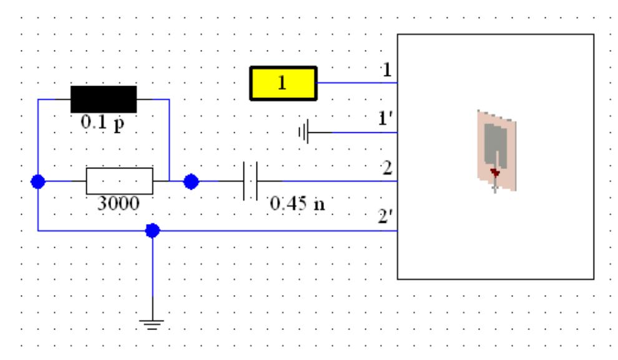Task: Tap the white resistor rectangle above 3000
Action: click(119, 182)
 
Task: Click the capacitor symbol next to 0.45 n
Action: click(250, 182)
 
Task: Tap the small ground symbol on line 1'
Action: click(304, 132)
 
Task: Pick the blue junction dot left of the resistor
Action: click(38, 182)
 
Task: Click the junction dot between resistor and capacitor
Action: click(191, 182)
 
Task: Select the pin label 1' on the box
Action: click(386, 119)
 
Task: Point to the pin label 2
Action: click(387, 169)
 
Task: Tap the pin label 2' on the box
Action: click(386, 218)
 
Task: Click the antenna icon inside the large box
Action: click(496, 150)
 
